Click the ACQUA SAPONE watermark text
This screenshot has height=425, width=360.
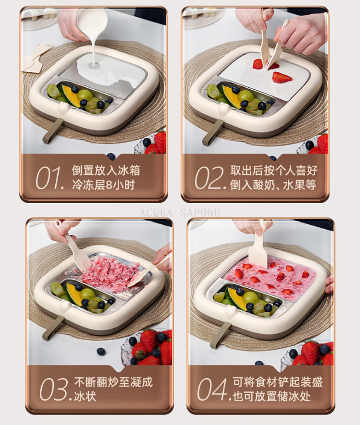click(180, 213)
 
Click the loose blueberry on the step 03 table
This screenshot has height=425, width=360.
click(101, 352)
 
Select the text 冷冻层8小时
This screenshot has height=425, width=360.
click(103, 185)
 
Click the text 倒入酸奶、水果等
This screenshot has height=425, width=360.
click(273, 185)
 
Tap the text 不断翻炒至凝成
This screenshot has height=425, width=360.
click(114, 382)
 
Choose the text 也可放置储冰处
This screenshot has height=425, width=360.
click(272, 396)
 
